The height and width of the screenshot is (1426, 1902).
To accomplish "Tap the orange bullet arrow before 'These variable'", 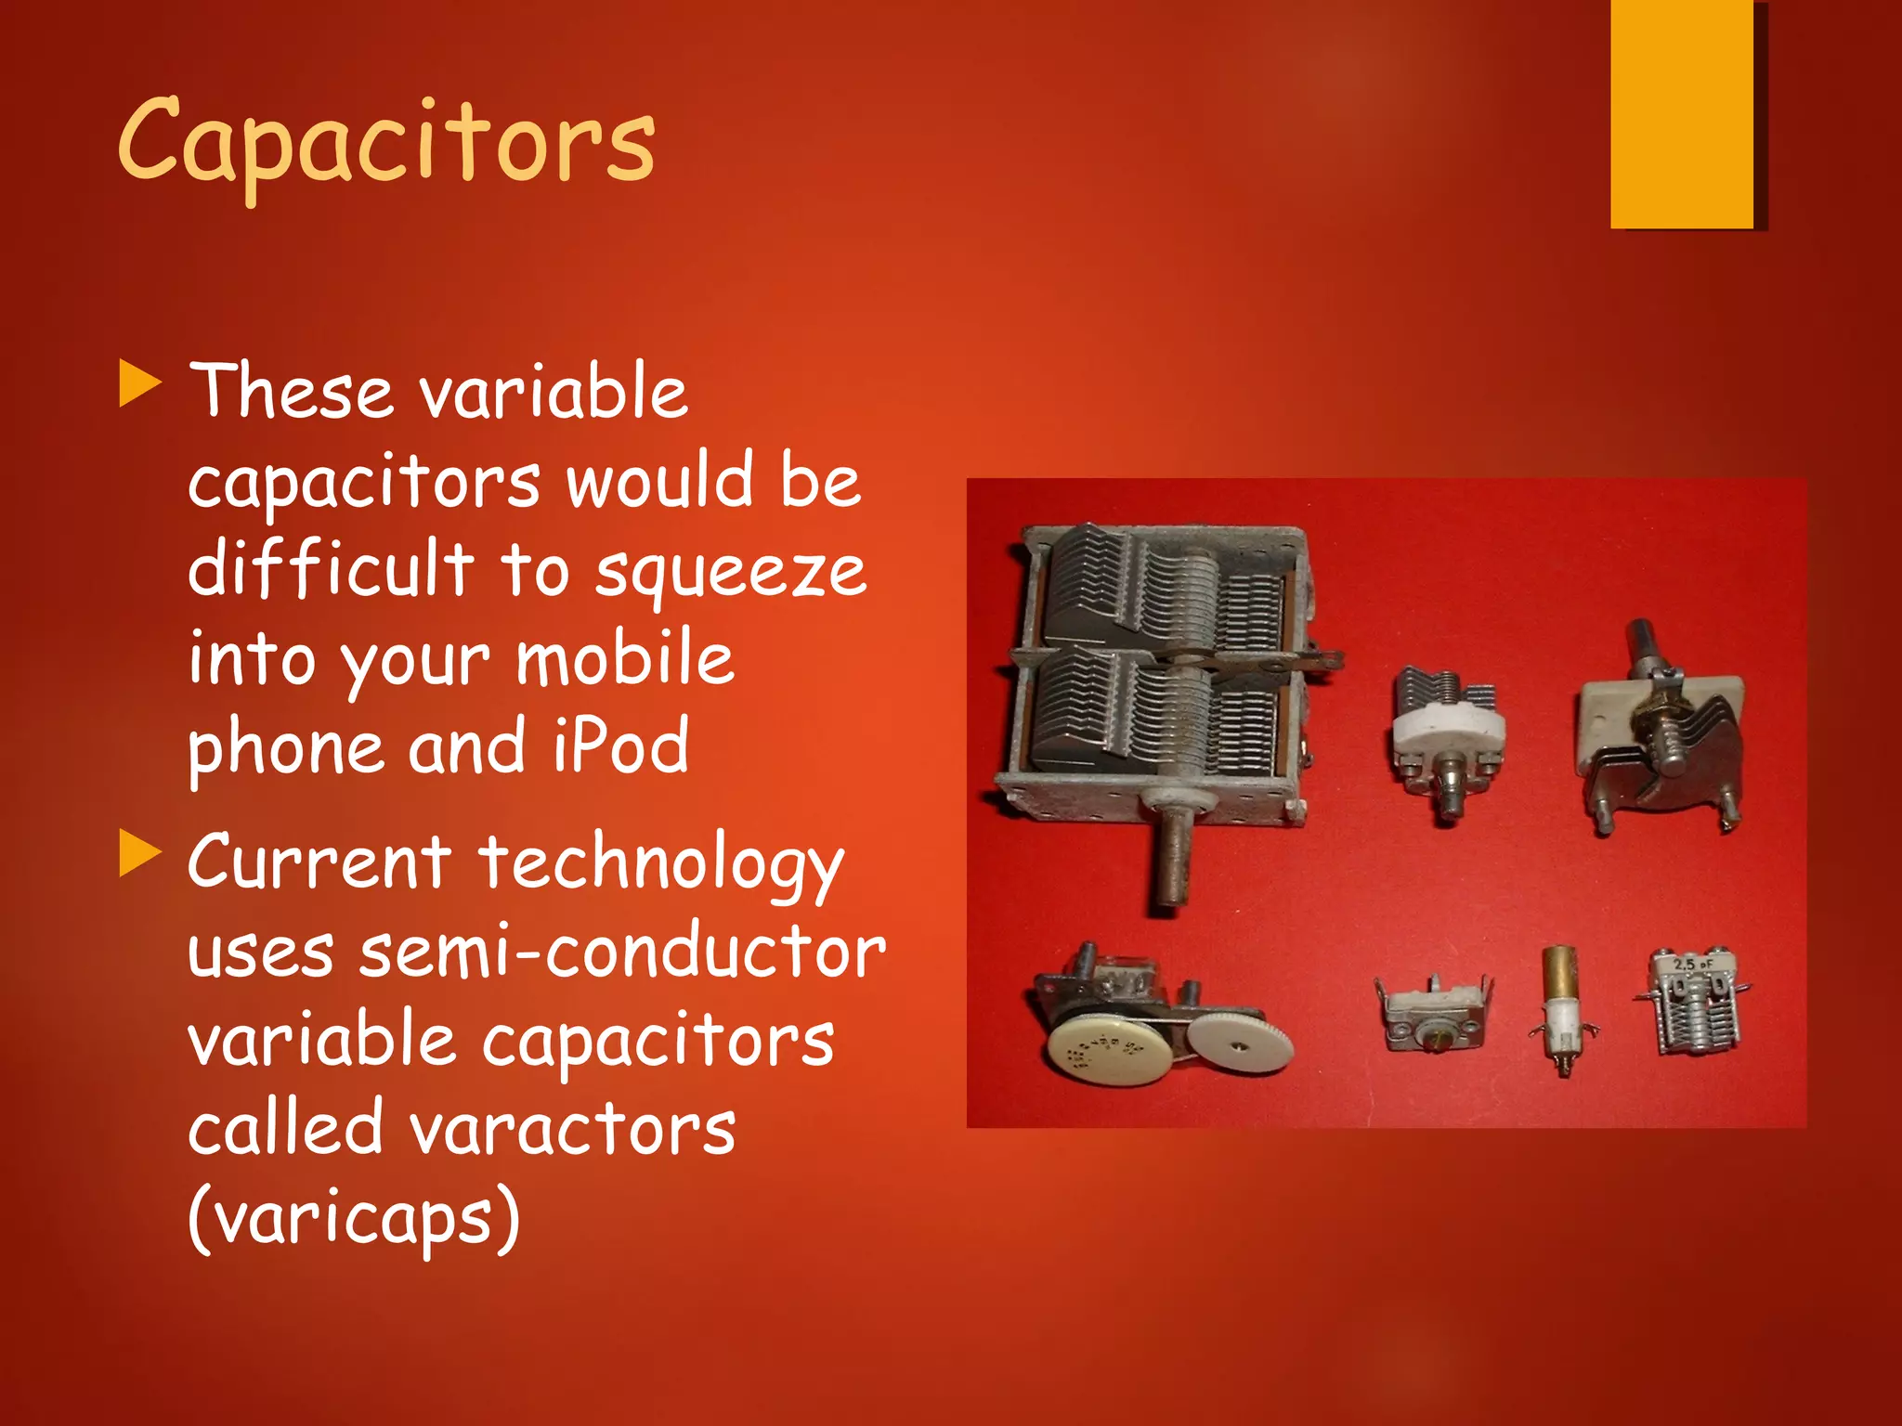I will (x=140, y=385).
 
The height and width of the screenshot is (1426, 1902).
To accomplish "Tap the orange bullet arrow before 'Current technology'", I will (x=140, y=854).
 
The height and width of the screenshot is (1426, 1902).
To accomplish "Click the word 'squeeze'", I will (x=730, y=574).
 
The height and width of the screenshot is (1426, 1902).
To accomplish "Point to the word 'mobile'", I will (x=625, y=658).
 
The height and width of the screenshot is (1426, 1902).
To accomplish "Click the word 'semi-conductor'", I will (x=622, y=953).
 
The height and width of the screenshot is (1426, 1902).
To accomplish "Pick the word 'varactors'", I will (x=572, y=1130).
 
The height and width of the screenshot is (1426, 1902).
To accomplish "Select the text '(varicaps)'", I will (x=354, y=1218).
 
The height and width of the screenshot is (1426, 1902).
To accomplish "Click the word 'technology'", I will (x=661, y=863).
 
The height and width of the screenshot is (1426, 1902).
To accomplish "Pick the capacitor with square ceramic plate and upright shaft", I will (x=1660, y=733).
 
